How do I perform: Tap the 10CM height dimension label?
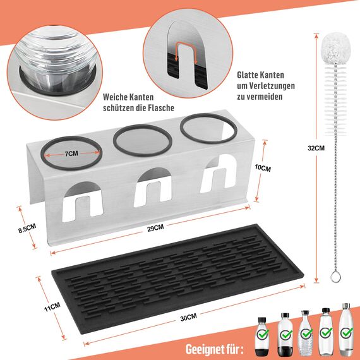tap(263, 169)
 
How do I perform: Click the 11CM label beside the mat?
tap(52, 306)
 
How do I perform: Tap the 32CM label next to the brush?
tap(316, 148)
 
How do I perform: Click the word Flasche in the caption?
tap(160, 108)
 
